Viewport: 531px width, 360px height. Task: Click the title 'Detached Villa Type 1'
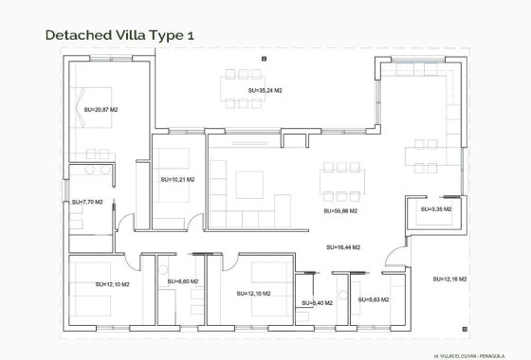pos(119,35)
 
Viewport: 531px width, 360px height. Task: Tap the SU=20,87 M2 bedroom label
pos(101,111)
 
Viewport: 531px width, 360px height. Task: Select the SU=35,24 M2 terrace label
pos(266,91)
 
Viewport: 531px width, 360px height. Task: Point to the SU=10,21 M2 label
pos(177,179)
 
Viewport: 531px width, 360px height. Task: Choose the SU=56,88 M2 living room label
pos(342,211)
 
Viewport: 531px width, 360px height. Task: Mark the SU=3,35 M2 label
pos(436,209)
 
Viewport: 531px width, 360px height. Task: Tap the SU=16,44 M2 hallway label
pos(344,248)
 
